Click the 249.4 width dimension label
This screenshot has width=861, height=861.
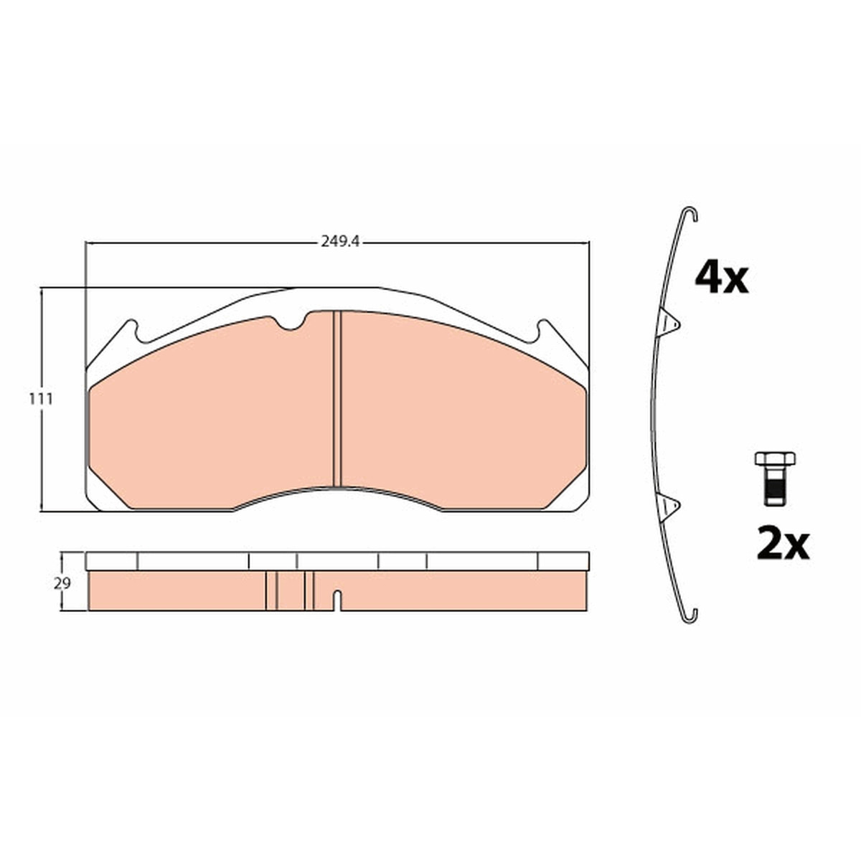pyautogui.click(x=340, y=242)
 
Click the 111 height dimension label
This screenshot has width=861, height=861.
pyautogui.click(x=41, y=399)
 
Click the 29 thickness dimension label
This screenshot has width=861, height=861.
pyautogui.click(x=62, y=583)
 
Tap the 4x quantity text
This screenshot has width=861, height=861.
pyautogui.click(x=721, y=278)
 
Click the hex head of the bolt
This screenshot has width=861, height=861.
pyautogui.click(x=775, y=459)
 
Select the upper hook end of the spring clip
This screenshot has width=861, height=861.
pyautogui.click(x=690, y=214)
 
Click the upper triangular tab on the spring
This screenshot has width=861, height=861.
pyautogui.click(x=669, y=322)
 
